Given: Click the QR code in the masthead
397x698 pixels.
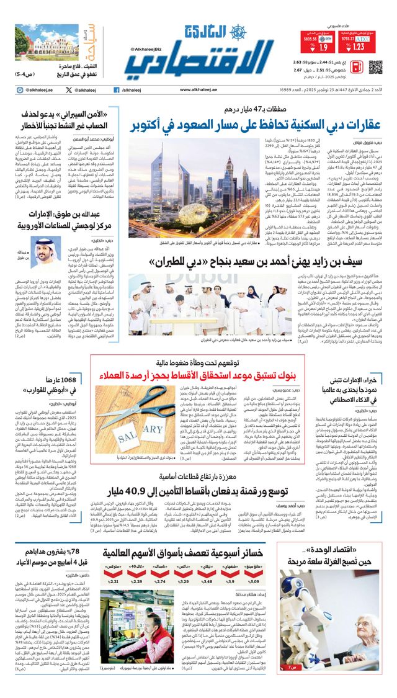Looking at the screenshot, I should pos(375,67).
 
